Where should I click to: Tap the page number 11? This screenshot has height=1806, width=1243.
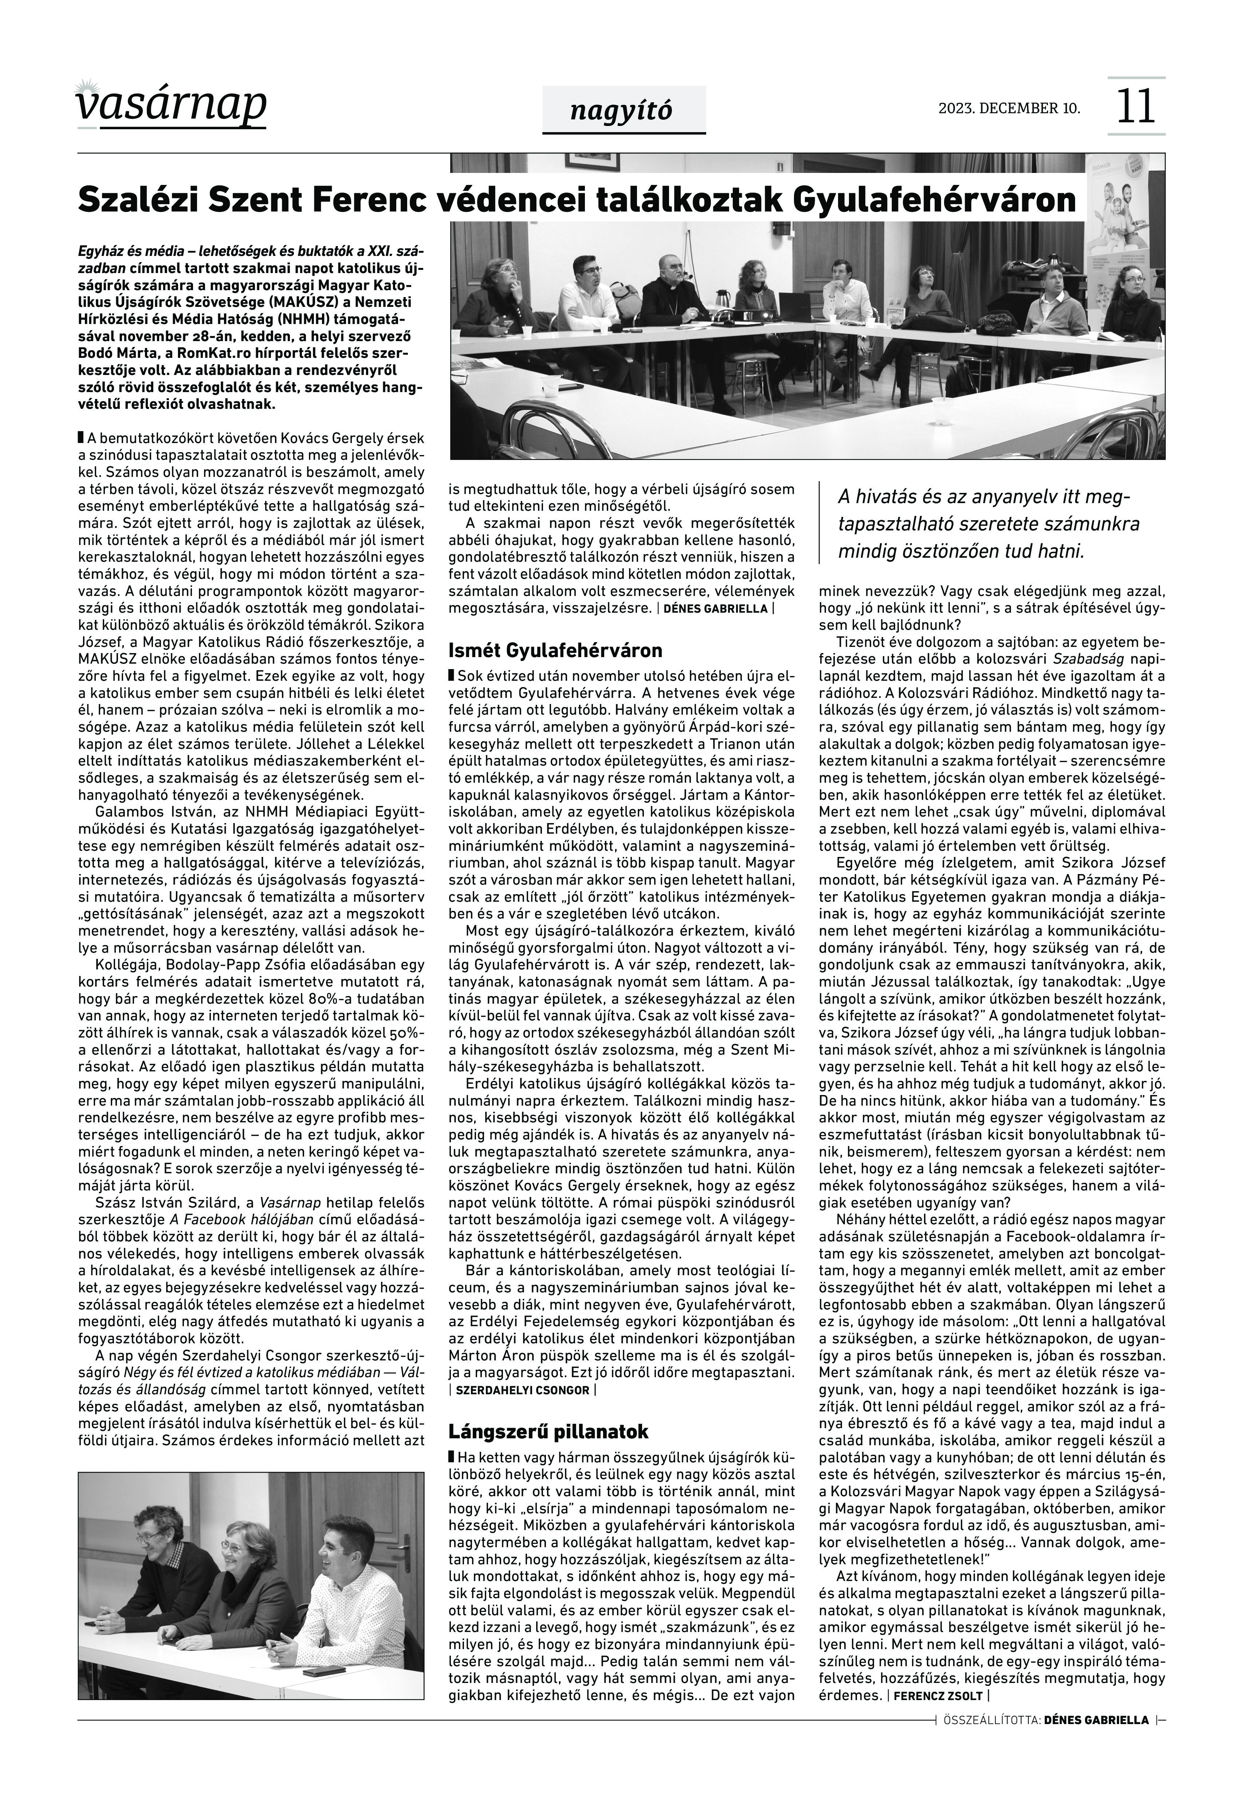1136,107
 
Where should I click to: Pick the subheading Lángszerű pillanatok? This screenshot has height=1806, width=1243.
548,1431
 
